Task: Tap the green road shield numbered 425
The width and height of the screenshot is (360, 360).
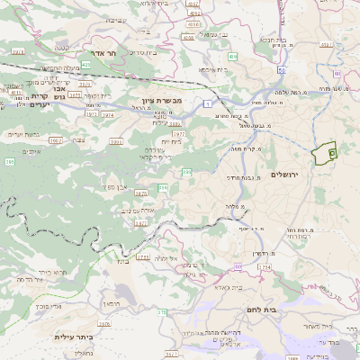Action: (x=86, y=65)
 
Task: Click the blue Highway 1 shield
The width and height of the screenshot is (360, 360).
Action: (x=207, y=105)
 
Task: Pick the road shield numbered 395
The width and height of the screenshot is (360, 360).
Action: (x=9, y=162)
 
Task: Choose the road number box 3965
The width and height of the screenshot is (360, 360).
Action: (x=55, y=139)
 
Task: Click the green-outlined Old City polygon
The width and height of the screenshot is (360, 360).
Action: (x=323, y=154)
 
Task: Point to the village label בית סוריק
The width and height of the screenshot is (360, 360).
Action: (x=145, y=52)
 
